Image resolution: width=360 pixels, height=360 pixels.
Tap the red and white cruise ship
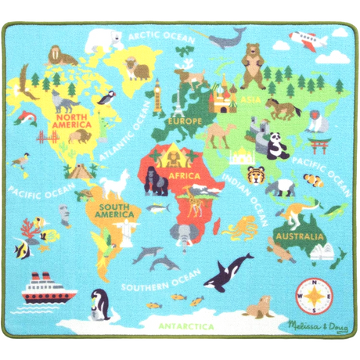pyautogui.click(x=44, y=290)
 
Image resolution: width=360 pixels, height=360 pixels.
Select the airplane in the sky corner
pyautogui.click(x=308, y=39)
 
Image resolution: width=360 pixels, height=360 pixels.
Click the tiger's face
pyautogui.click(x=256, y=175)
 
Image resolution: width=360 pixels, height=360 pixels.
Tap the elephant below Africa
pyautogui.click(x=185, y=235)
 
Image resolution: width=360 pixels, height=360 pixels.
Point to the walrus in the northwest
pyautogui.click(x=58, y=56)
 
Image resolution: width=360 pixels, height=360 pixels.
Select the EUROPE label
pyautogui.click(x=185, y=121)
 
